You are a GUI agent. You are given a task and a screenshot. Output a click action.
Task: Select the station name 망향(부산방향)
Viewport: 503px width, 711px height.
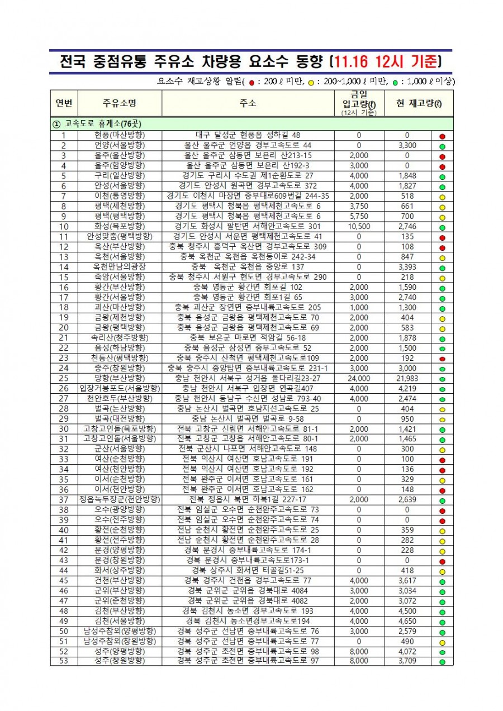coord(120,378)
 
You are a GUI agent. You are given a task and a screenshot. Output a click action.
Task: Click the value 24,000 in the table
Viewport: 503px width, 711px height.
coord(359,378)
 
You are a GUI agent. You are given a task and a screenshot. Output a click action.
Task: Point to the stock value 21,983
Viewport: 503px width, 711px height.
coord(407,378)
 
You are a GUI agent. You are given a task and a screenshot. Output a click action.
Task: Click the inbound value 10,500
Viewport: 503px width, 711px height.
coord(359,226)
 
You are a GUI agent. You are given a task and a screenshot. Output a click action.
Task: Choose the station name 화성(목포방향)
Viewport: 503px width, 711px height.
coord(120,226)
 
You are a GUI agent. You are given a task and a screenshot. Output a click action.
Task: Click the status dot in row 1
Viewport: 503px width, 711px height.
coord(442,136)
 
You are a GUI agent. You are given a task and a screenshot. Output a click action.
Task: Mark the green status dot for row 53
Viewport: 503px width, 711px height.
coord(442,662)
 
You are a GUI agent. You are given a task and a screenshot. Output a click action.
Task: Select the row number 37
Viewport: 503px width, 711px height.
coord(64,499)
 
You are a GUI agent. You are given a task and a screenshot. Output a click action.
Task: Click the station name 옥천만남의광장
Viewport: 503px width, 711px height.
coord(120,267)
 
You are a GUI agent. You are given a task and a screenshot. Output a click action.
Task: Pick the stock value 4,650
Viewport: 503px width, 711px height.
coord(407,621)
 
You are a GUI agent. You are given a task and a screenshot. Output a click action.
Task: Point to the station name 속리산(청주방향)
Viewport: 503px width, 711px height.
coord(120,338)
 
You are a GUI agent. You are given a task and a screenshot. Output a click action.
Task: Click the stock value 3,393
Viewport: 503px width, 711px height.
coord(407,267)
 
